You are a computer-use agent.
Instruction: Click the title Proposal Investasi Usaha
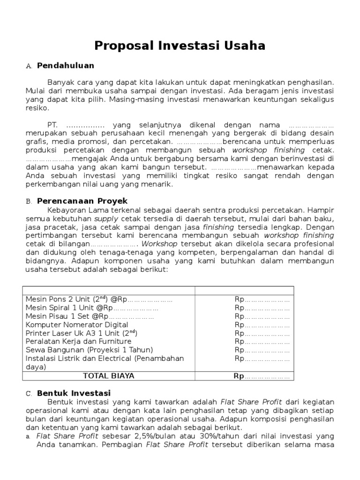coord(180,45)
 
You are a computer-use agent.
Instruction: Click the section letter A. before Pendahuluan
coord(29,66)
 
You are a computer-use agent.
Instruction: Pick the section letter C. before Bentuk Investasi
coord(29,393)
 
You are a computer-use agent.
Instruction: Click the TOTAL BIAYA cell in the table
coord(108,375)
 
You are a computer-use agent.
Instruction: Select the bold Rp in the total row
coord(239,376)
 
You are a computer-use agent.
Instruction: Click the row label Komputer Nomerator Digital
coord(77,325)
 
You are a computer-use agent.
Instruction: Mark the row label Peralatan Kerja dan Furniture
coord(78,342)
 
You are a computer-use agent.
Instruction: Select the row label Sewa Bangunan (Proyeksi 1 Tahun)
coord(90,350)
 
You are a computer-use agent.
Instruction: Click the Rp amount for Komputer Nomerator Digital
coord(262,325)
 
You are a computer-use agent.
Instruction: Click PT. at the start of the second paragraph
coord(52,125)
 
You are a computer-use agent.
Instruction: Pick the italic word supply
coord(106,218)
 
